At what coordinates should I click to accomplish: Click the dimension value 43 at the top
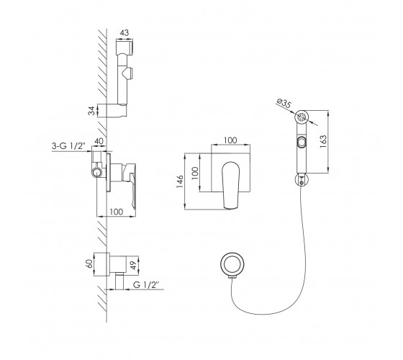(124, 33)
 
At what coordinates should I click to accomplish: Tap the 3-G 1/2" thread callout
(68, 146)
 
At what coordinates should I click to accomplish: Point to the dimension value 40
(99, 141)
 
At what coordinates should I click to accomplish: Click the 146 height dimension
(180, 181)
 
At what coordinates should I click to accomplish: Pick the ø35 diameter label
(284, 103)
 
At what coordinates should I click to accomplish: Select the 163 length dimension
(323, 141)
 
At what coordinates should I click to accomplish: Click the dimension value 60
(89, 264)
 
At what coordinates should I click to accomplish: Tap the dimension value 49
(133, 266)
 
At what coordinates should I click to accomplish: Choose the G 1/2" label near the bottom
(145, 285)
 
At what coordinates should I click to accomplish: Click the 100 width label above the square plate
(230, 140)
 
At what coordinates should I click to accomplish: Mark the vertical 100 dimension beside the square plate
(195, 174)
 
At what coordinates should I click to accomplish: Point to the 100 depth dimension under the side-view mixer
(117, 212)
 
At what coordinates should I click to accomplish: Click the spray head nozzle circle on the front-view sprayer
(302, 117)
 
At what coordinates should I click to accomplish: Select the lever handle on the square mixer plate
(231, 184)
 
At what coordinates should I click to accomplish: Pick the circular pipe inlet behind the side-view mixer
(97, 173)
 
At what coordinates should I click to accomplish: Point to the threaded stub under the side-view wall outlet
(119, 281)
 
